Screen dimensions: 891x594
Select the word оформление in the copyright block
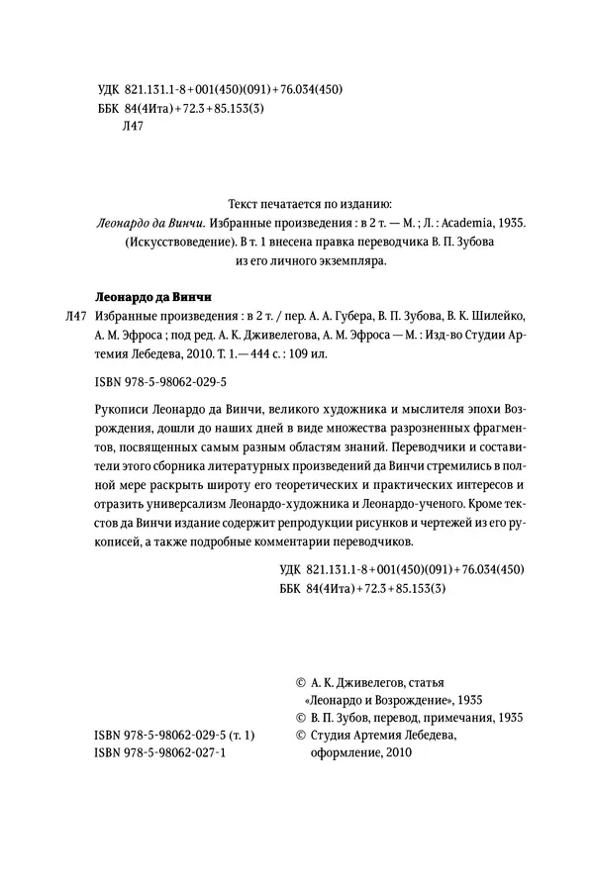point(347,753)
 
